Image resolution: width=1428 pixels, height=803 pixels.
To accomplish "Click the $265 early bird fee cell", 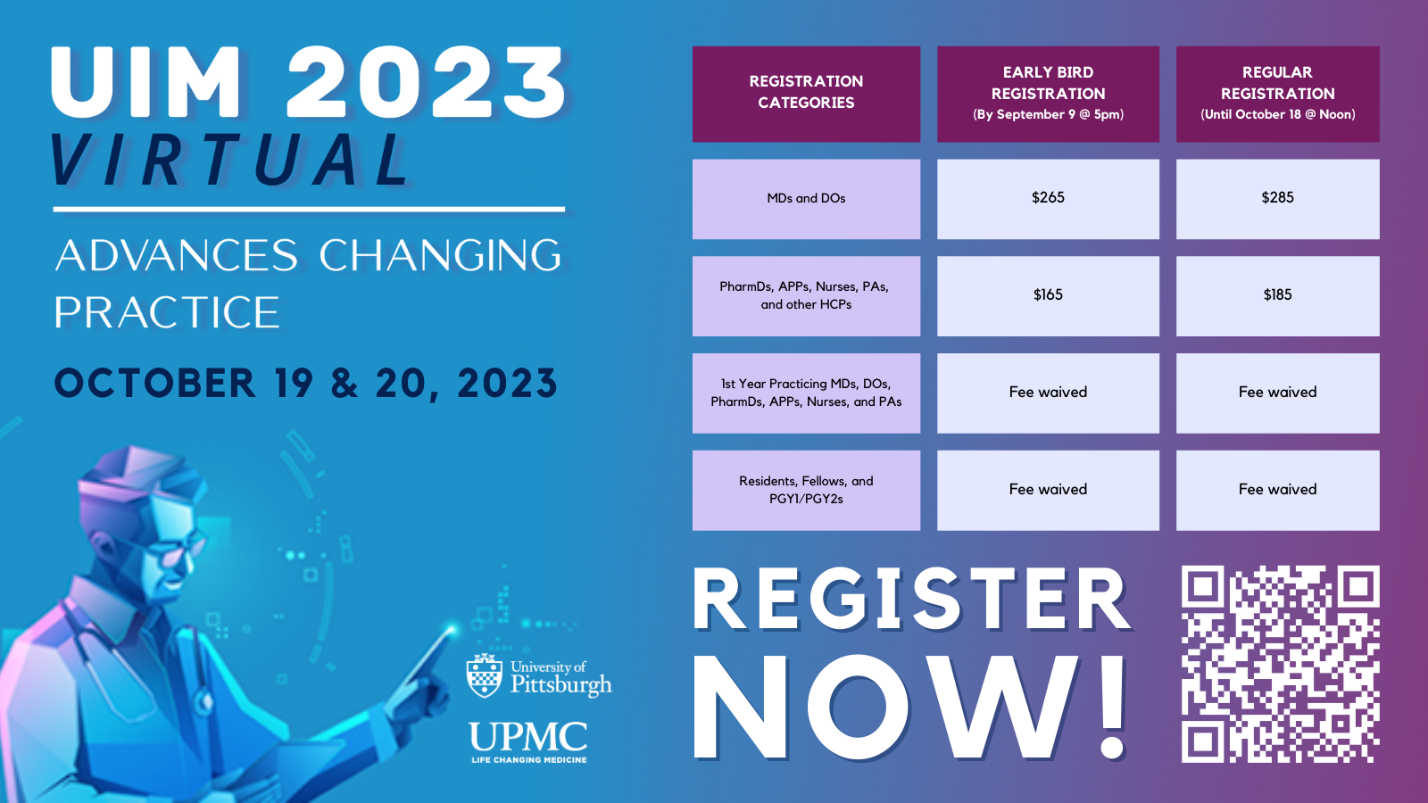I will pos(1048,198).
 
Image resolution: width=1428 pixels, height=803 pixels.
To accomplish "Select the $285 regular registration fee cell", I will pos(1277,198).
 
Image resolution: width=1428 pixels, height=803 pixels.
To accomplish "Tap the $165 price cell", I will pos(1048,295).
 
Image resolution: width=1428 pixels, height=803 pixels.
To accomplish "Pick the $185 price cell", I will pos(1277,295).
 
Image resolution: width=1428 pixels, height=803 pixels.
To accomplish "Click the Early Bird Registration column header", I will pos(1048,93).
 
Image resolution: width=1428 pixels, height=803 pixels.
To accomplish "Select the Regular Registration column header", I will pos(1277,93).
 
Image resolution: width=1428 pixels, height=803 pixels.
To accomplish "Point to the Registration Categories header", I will pos(806,93).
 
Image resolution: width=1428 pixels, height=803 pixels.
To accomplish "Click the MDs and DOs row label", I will pos(806,198).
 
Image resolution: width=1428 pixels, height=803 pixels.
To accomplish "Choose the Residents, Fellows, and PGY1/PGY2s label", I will pos(806,490).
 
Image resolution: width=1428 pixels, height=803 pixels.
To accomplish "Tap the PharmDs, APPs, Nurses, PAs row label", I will pos(806,295).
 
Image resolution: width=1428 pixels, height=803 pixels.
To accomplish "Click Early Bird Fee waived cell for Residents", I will pos(1048,490).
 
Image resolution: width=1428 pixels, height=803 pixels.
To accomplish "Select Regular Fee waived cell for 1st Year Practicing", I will pos(1277,393).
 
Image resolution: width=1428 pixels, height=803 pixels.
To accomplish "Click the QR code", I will pos(1280,664).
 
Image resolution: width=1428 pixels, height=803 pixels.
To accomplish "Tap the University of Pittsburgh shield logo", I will pos(485,675).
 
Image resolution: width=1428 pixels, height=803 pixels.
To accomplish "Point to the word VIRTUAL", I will pos(230,161).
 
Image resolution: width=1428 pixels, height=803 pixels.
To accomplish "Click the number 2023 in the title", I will pos(426,82).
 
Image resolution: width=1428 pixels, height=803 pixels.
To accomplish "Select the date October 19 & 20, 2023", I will pos(305,384).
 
